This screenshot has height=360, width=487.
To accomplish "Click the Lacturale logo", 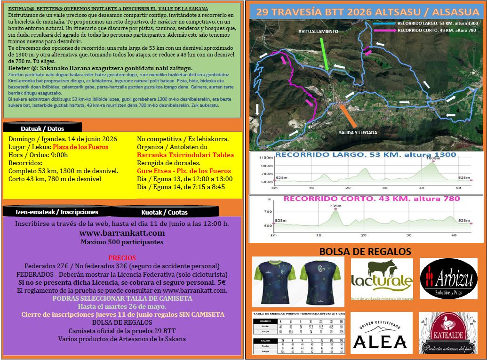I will [382, 280].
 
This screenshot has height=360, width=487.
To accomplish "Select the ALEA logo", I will [382, 333].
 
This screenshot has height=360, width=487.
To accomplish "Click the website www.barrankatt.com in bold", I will [122, 233].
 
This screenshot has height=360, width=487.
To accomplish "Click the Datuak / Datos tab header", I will [42, 128].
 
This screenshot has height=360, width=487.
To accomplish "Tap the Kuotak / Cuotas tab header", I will [164, 212].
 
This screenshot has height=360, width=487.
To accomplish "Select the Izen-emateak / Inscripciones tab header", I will [57, 212].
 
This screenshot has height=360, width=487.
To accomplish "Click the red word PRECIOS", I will [122, 258].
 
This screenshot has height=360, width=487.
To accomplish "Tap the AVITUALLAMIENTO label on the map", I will [318, 32].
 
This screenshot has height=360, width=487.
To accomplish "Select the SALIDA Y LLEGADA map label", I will [358, 133].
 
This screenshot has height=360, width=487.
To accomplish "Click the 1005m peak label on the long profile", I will [433, 158].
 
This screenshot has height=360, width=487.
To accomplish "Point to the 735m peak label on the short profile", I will [335, 206].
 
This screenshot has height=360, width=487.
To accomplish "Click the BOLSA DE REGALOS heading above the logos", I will [365, 252].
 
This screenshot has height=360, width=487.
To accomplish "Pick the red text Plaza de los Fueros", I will [80, 147].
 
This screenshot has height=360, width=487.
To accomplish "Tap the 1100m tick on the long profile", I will [266, 158].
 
